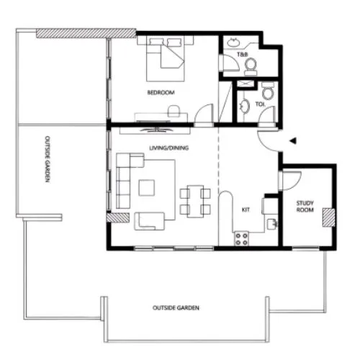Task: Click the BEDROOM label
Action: tap(161, 93)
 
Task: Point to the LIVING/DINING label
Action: tap(165, 148)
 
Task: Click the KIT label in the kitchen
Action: tap(245, 210)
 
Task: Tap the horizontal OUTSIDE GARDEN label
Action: tap(176, 307)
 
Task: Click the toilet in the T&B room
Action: tap(251, 66)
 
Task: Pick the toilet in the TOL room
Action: tap(267, 91)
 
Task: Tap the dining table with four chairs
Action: tap(195, 200)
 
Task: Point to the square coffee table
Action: tap(148, 187)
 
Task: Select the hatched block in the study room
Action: tap(329, 217)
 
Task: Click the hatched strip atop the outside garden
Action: tap(86, 33)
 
